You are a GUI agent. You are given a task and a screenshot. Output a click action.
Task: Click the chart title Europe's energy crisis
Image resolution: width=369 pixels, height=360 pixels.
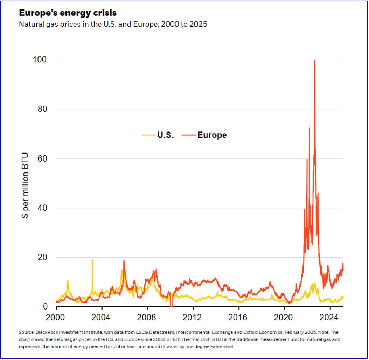(68, 13)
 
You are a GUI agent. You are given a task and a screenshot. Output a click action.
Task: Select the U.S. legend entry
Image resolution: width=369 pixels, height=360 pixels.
(165, 135)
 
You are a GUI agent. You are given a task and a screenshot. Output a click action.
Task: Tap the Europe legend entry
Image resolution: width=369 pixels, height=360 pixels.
(212, 135)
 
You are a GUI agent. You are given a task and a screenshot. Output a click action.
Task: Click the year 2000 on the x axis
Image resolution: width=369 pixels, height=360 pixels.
(56, 318)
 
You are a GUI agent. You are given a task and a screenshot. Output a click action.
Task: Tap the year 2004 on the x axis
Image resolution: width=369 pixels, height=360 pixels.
(102, 318)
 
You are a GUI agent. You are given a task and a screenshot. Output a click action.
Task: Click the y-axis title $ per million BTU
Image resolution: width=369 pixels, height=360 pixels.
(25, 185)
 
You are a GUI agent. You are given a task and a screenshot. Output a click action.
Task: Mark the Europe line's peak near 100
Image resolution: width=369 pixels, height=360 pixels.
(315, 61)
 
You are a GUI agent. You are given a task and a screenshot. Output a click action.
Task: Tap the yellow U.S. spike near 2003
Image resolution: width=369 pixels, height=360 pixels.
(92, 260)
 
